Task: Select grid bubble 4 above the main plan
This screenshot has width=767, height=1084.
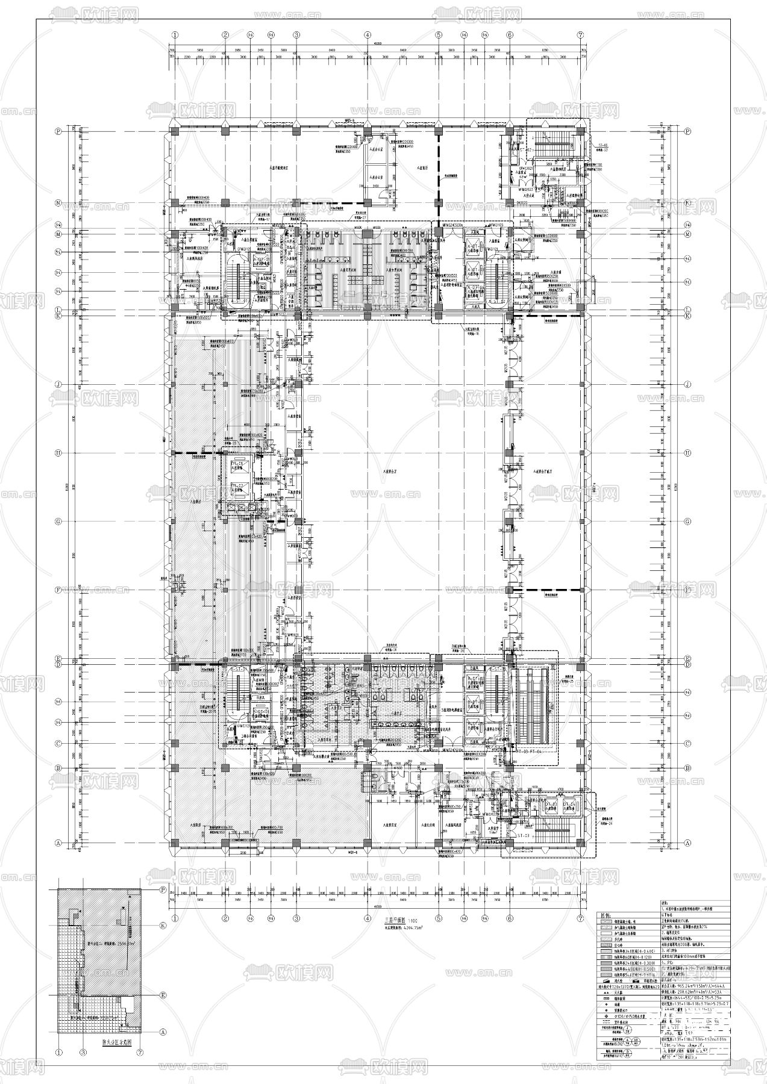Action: (367, 35)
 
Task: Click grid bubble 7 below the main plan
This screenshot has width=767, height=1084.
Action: (580, 918)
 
